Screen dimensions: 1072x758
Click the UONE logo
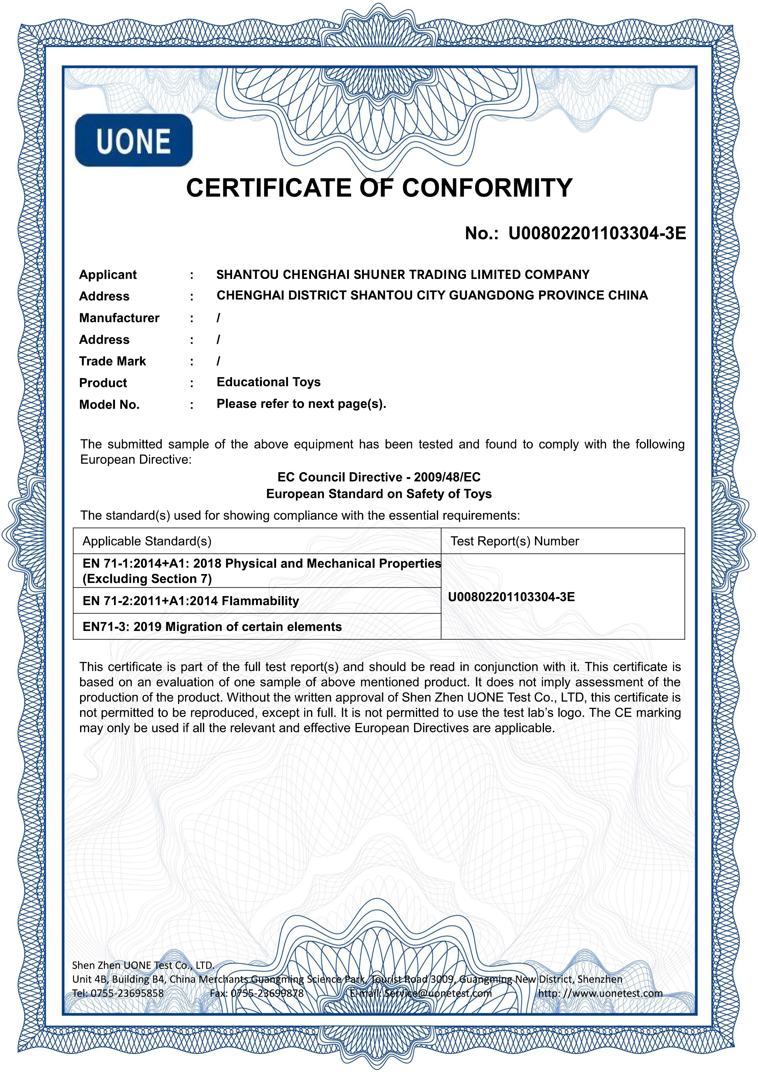point(134,140)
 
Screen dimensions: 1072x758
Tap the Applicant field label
point(108,275)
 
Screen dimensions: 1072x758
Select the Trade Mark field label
point(113,362)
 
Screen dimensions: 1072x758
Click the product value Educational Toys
point(268,382)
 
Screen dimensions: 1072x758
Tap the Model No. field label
point(109,405)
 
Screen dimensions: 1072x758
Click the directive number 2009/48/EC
point(447,477)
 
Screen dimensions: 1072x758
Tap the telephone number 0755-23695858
point(127,993)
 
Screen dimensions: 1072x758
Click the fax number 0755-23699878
point(267,993)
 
